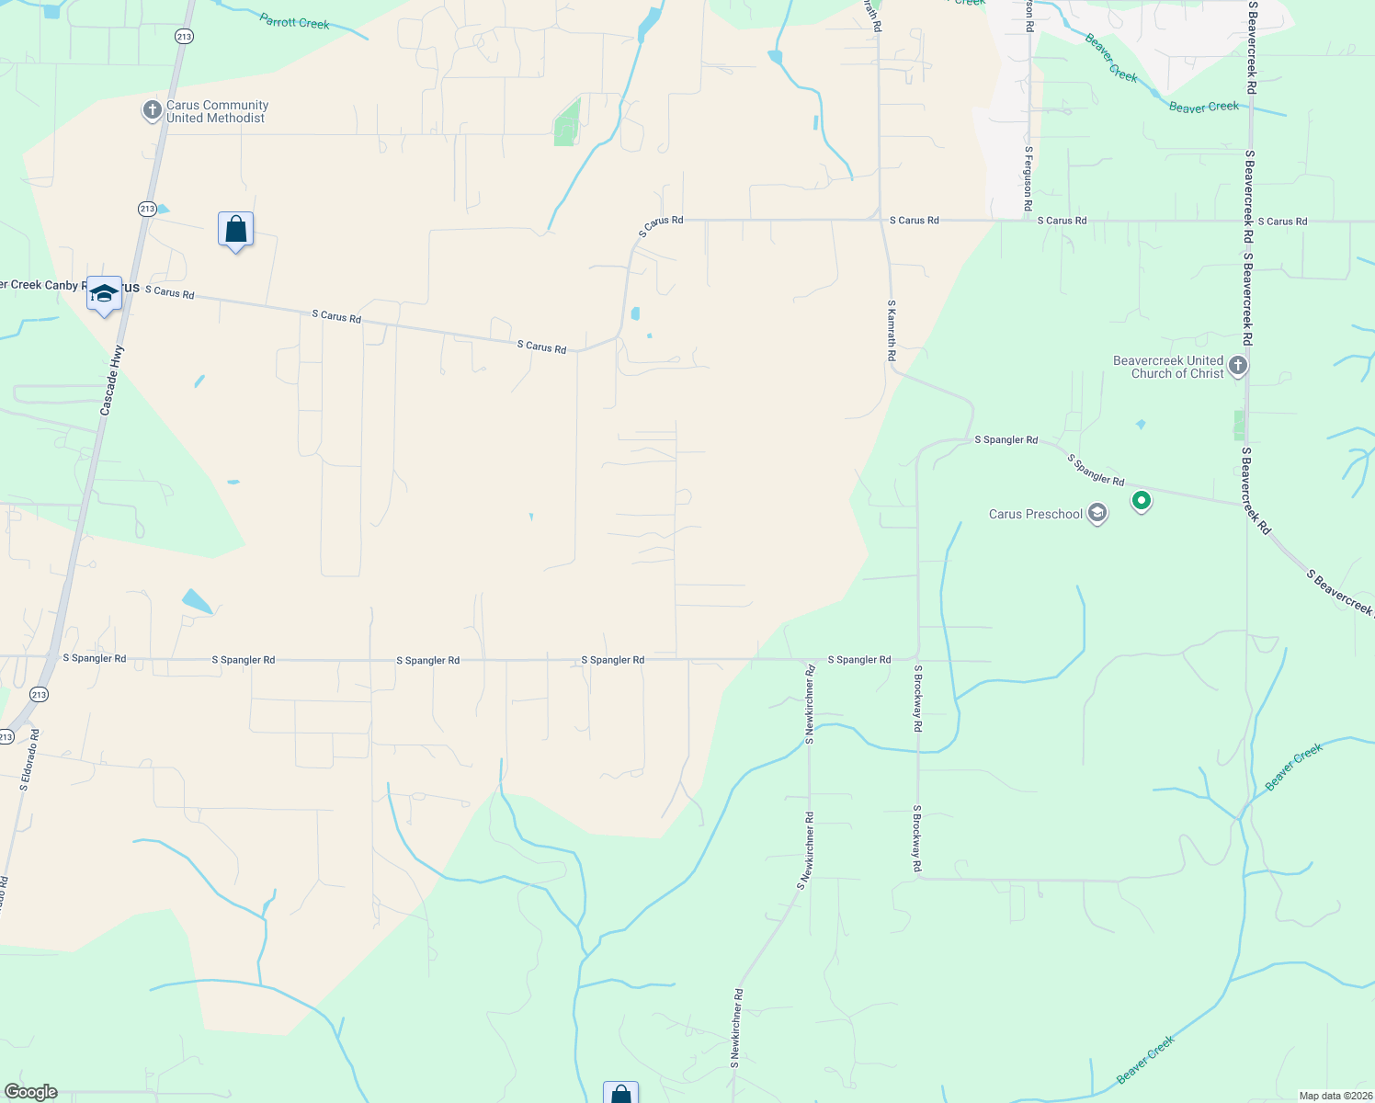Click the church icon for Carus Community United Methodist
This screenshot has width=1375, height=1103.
pyautogui.click(x=153, y=111)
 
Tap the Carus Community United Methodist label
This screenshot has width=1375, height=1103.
pyautogui.click(x=217, y=112)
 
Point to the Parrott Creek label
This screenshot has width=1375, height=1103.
pyautogui.click(x=294, y=21)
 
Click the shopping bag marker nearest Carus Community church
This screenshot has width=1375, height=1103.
pyautogui.click(x=235, y=230)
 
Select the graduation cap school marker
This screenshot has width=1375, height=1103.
pyautogui.click(x=104, y=294)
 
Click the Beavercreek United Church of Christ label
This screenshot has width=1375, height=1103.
pyautogui.click(x=1168, y=367)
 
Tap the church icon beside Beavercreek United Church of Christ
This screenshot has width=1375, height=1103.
pyautogui.click(x=1238, y=366)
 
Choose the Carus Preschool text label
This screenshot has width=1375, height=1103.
pyautogui.click(x=1036, y=514)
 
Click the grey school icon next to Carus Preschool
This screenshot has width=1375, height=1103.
pyautogui.click(x=1097, y=513)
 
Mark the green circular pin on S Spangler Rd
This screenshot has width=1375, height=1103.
pyautogui.click(x=1142, y=501)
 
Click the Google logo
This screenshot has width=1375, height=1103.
pyautogui.click(x=30, y=1092)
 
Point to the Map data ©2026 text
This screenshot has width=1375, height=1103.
pyautogui.click(x=1334, y=1096)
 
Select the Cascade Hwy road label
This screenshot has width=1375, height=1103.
pyautogui.click(x=111, y=380)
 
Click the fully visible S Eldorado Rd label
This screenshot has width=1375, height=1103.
pyautogui.click(x=29, y=760)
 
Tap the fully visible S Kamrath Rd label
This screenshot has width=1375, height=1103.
pyautogui.click(x=892, y=329)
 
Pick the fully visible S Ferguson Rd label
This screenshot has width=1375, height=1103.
pyautogui.click(x=1028, y=178)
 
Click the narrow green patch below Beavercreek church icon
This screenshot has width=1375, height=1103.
pyautogui.click(x=1239, y=426)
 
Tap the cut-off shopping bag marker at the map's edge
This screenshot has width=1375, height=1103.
pyautogui.click(x=620, y=1093)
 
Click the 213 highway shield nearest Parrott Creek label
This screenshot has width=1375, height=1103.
pyautogui.click(x=185, y=36)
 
